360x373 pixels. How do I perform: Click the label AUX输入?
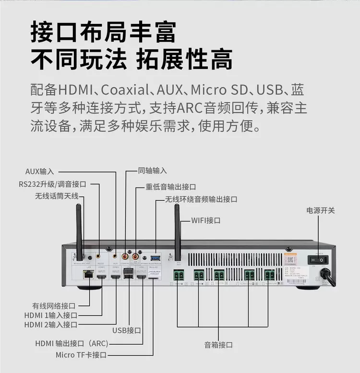[x=40, y=171]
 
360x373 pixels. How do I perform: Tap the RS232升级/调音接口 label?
[x=53, y=184]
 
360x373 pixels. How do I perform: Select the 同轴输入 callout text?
[x=152, y=171]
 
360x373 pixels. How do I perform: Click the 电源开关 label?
[x=321, y=210]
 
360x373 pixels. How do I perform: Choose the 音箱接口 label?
[x=218, y=344]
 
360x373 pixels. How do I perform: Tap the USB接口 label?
[x=127, y=330]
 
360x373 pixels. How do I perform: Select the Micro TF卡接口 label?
[x=81, y=355]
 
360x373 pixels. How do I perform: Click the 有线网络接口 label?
[x=54, y=305]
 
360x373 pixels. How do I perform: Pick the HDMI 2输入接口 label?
[x=51, y=325]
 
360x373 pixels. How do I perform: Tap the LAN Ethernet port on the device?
[x=88, y=274]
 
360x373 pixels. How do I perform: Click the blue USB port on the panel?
[x=155, y=258]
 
